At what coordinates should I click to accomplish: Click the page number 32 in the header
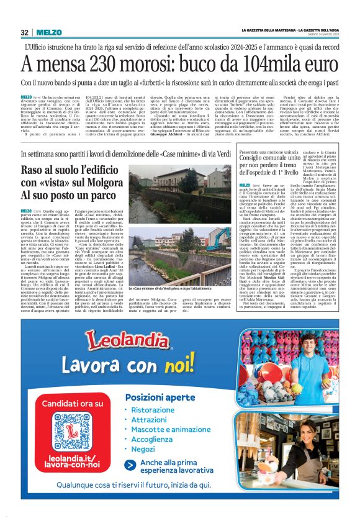pyautogui.click(x=25, y=32)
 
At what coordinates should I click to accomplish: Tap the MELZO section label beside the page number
pyautogui.click(x=48, y=32)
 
